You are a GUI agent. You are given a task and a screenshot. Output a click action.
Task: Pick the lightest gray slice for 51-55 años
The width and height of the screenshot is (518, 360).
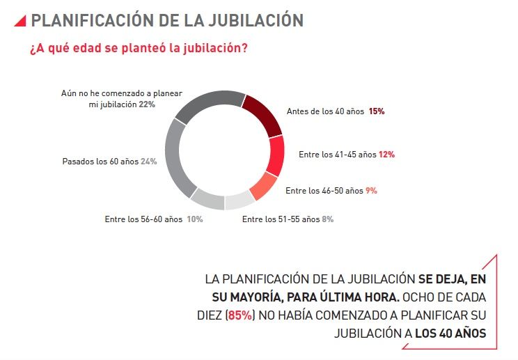[x=239, y=201]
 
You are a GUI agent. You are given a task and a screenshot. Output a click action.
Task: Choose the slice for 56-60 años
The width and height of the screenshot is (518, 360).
[x=207, y=199]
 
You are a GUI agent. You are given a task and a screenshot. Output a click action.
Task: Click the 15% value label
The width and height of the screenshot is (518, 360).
[x=377, y=111]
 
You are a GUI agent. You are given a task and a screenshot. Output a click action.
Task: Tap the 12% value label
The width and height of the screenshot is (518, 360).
[x=386, y=155]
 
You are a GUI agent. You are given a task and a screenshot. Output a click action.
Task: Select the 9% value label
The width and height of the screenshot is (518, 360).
[x=371, y=190]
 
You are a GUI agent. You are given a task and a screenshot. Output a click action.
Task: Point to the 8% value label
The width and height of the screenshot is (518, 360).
[x=327, y=219]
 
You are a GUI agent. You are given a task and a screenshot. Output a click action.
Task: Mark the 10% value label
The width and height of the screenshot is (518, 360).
[x=194, y=219]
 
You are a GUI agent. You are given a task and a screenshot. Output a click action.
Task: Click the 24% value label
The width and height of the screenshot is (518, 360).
[x=148, y=161]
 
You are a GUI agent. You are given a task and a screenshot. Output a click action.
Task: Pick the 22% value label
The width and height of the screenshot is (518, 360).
[x=146, y=104]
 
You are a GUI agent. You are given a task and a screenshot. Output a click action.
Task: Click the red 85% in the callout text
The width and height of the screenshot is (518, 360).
[x=240, y=315]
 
